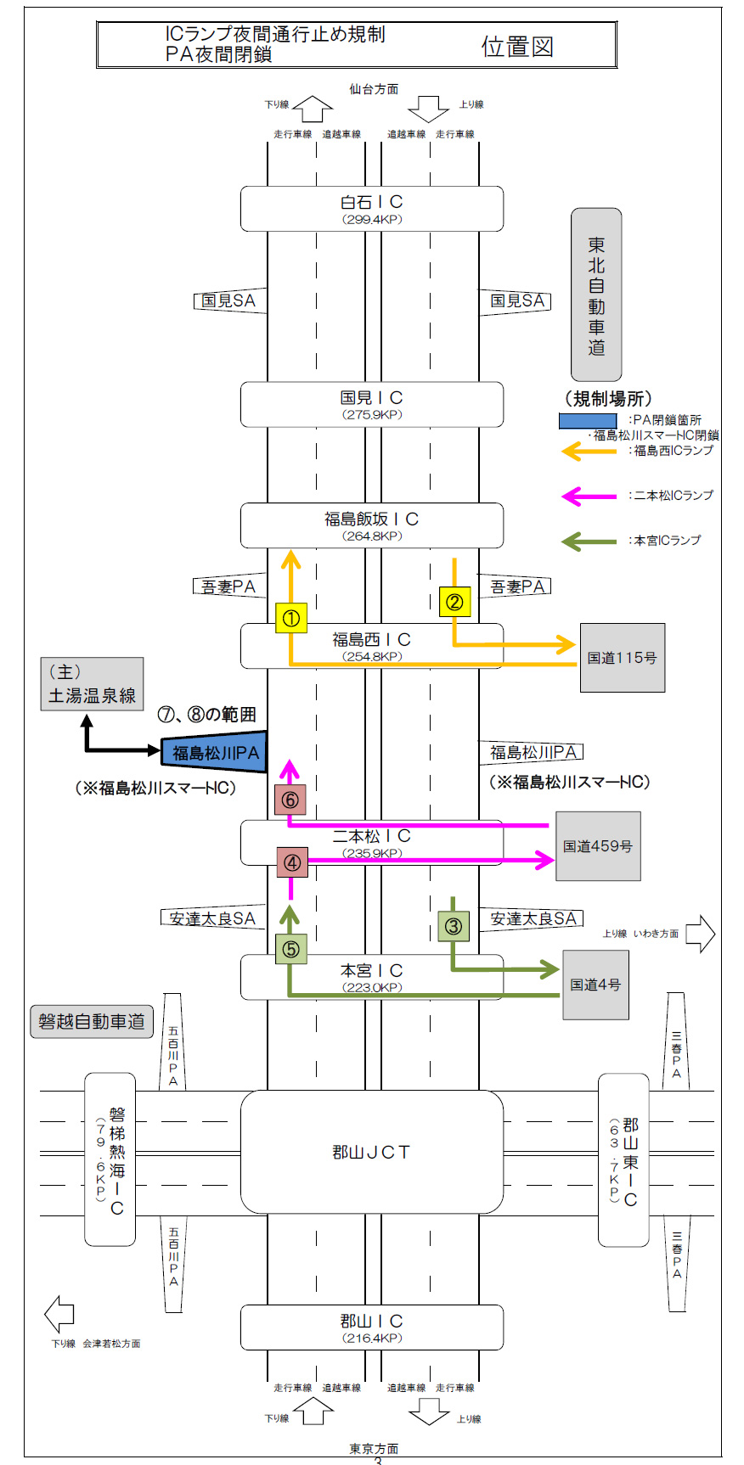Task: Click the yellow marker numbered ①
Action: coord(291,618)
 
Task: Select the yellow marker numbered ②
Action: coord(454,601)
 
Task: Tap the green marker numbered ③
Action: coord(453,925)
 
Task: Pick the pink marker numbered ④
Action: coord(291,862)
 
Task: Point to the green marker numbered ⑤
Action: coord(291,948)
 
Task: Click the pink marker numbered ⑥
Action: coord(290,799)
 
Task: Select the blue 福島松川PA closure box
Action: coord(216,752)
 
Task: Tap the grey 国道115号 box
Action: coord(622,657)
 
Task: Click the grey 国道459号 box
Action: coord(598,845)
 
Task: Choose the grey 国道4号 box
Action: coord(595,985)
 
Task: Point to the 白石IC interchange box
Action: coord(371,208)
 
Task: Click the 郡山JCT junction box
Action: coord(371,1151)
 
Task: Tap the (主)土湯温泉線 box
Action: coord(92,684)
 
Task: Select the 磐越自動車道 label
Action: coord(92,1021)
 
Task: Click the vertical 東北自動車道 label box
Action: coord(596,295)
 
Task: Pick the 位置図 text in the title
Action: coord(517,47)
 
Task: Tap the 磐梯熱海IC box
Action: coord(110,1159)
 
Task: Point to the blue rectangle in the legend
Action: coord(588,420)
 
